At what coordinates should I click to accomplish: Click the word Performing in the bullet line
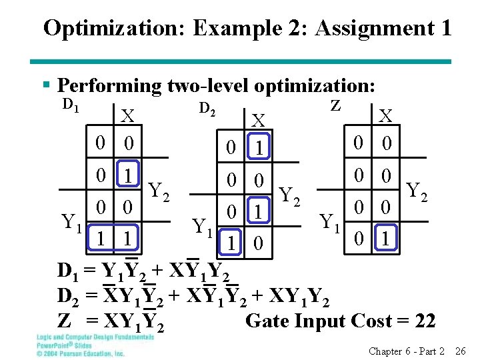(x=109, y=86)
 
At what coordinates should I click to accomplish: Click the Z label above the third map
(x=336, y=105)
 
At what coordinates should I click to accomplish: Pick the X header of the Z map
(x=385, y=117)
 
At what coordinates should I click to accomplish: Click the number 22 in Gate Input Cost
(x=425, y=321)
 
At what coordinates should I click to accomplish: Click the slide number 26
(x=460, y=351)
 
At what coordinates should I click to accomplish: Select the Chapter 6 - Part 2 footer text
(x=407, y=351)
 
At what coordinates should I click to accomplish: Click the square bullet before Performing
(x=47, y=86)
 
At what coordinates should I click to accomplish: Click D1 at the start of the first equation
(x=67, y=272)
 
